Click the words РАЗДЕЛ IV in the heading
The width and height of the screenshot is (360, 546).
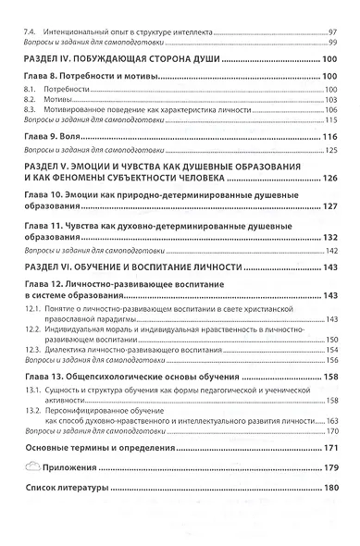[55, 60]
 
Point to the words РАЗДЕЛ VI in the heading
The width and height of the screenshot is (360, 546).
[55, 267]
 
